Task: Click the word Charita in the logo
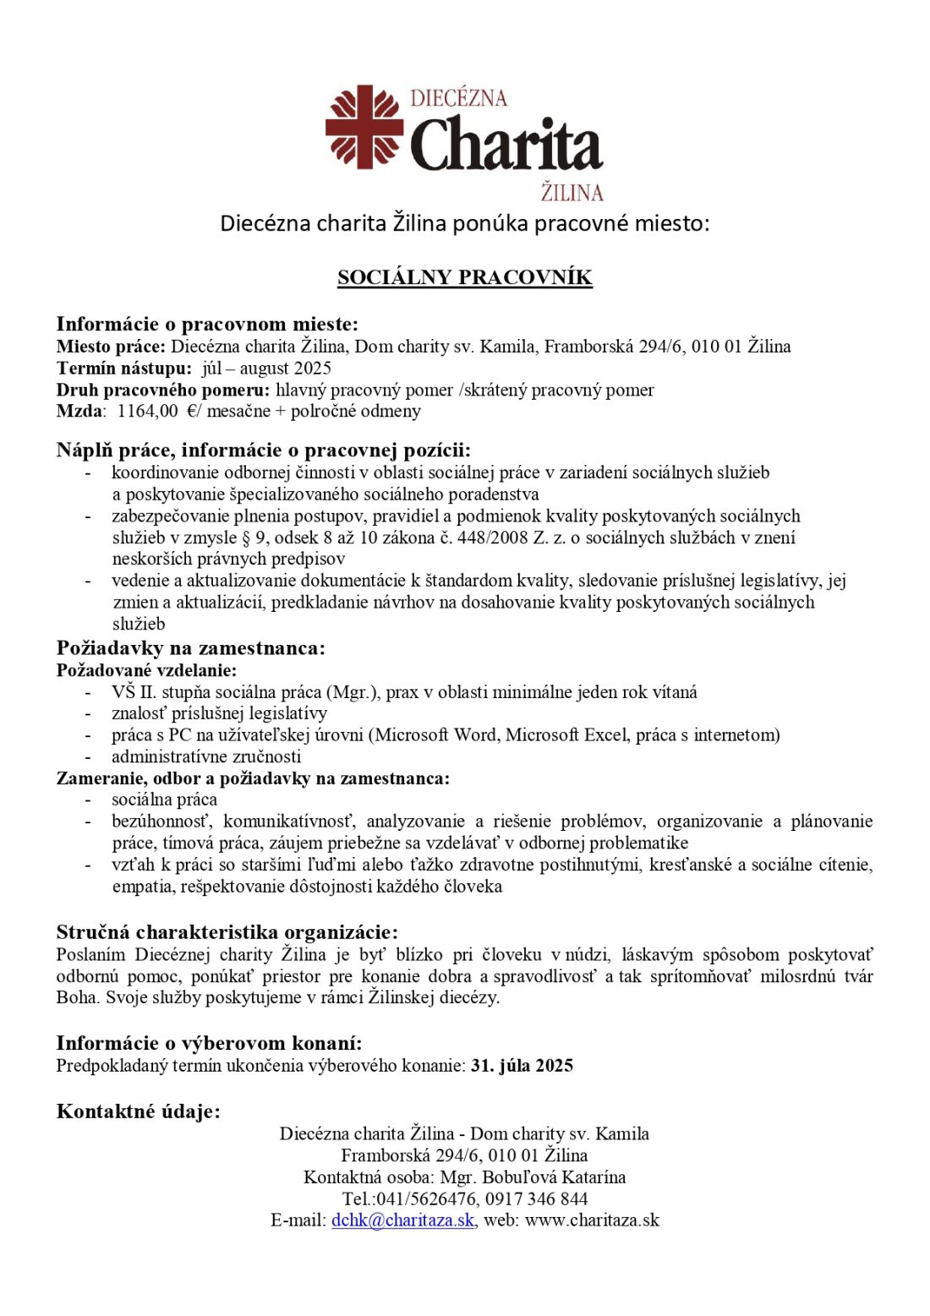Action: [506, 145]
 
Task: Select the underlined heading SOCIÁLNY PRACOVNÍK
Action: [465, 277]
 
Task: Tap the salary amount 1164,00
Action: [147, 412]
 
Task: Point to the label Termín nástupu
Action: [124, 369]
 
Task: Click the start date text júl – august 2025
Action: [266, 369]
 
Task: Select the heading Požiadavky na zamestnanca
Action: [190, 648]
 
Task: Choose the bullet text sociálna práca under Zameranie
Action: [164, 800]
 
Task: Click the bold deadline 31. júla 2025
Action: [522, 1066]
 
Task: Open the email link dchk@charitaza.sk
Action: [402, 1220]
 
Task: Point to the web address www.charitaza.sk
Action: [592, 1220]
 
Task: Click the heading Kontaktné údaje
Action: [138, 1111]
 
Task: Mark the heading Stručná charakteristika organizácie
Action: [227, 932]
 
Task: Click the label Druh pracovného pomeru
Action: [162, 390]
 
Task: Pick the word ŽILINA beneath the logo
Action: [572, 193]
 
